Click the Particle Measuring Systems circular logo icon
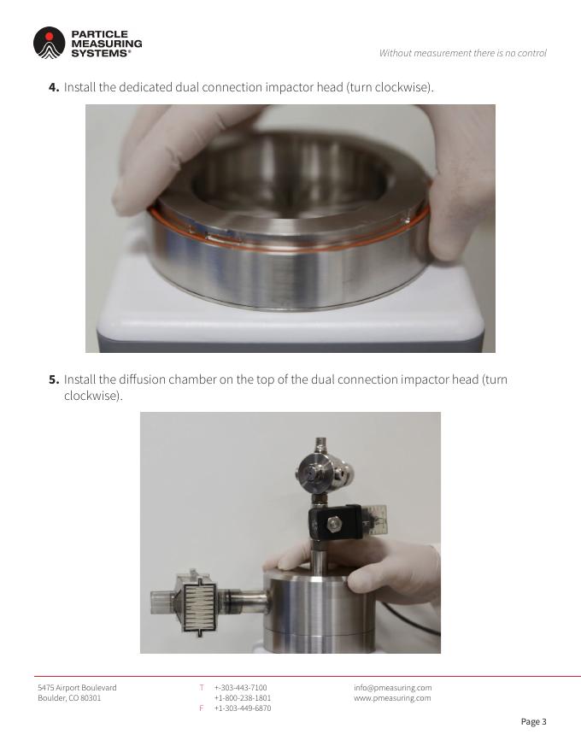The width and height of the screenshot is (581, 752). [49, 43]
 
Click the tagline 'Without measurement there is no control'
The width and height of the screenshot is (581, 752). [462, 53]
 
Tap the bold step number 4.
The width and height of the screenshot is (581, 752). [54, 87]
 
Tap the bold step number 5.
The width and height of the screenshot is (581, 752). [54, 379]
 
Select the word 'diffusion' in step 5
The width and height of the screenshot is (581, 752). [142, 379]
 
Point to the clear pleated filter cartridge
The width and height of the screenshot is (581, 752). [198, 603]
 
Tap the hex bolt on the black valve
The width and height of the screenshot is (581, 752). [333, 524]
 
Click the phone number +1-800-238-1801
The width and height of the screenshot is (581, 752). [243, 698]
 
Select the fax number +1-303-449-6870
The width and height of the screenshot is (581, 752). [243, 708]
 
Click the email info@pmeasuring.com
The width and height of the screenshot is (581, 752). [393, 688]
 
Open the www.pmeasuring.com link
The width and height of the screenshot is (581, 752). [392, 698]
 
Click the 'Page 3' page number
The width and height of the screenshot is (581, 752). [533, 722]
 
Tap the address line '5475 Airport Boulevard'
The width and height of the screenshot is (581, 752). [77, 688]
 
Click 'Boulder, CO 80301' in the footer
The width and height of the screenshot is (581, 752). [69, 698]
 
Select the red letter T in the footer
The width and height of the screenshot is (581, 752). [202, 688]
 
